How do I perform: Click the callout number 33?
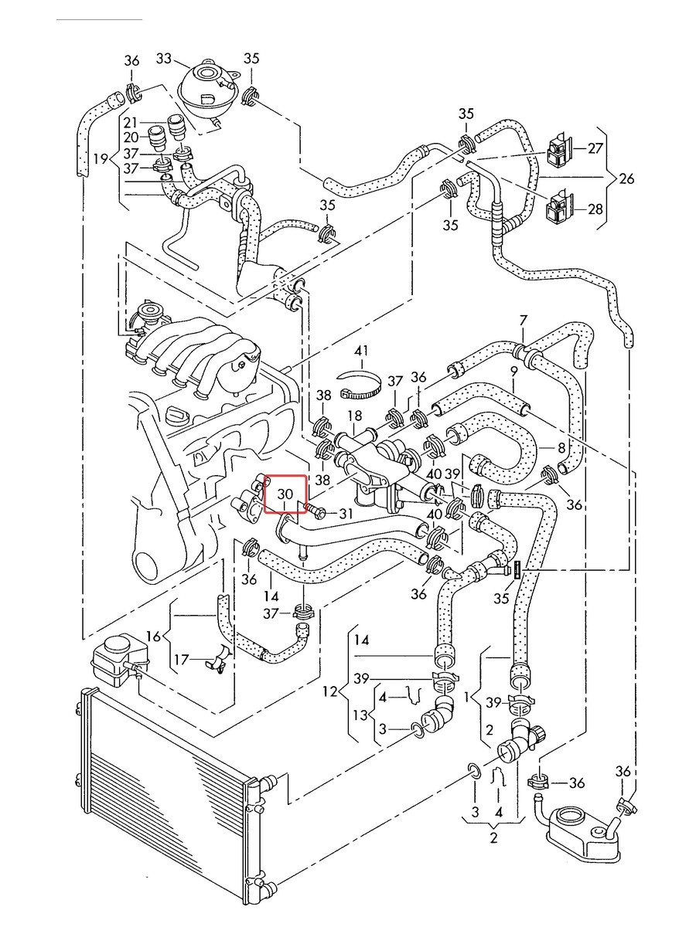163,58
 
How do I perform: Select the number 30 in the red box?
285,494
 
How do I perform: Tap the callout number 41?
360,351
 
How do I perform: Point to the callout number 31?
346,514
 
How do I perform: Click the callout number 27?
595,148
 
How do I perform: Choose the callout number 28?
595,209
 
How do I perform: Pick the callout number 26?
626,178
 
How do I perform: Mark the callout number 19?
101,159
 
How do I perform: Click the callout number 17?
181,659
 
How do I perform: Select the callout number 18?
355,416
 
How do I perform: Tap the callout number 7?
524,320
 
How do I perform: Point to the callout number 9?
513,372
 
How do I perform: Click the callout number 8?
561,447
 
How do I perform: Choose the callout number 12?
330,691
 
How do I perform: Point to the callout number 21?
131,123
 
